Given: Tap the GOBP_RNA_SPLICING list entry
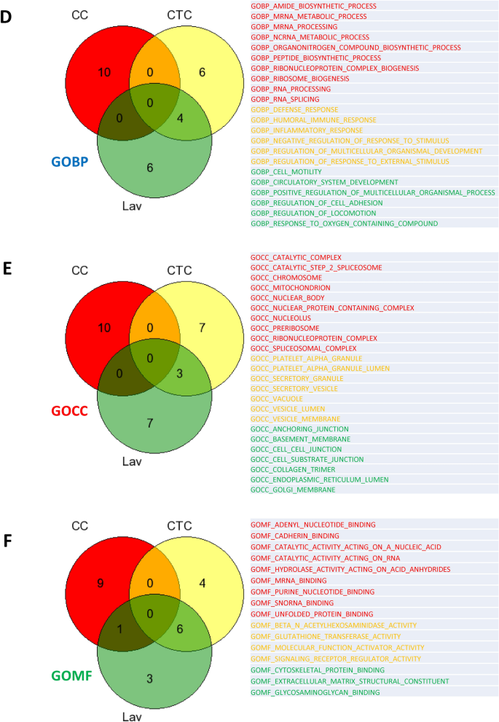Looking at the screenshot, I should point(283,98).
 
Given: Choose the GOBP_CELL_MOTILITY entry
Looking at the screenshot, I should point(287,171).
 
